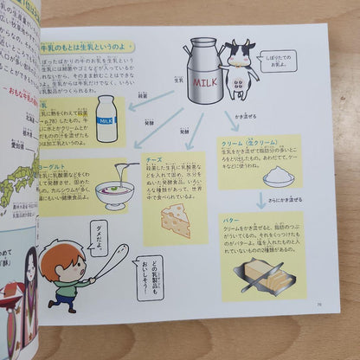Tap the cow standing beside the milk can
[240, 69]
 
